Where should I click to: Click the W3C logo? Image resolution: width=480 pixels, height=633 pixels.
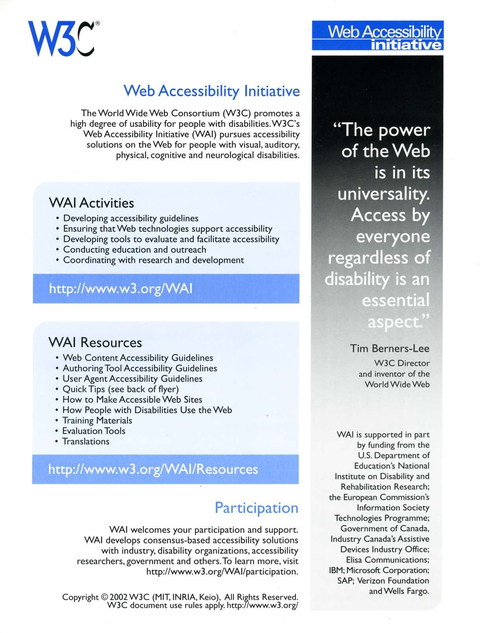(x=61, y=38)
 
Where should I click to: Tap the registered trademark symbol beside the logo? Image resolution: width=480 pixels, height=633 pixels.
(x=98, y=23)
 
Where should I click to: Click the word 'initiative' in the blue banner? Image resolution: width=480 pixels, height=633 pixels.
(x=406, y=45)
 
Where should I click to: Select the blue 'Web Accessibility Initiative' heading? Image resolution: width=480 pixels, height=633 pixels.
(x=212, y=91)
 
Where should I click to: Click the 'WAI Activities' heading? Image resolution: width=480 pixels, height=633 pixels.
(x=91, y=203)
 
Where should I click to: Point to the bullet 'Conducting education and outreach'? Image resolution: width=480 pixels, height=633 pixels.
(x=135, y=250)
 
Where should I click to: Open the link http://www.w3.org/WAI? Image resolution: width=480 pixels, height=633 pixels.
(x=121, y=289)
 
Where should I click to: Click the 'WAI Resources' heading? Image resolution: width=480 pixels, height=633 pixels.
(x=95, y=342)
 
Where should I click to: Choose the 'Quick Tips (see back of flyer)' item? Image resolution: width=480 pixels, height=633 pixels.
(x=120, y=389)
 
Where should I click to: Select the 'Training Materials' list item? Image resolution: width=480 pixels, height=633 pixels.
(x=97, y=420)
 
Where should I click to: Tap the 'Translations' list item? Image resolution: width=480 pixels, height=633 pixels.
(x=86, y=441)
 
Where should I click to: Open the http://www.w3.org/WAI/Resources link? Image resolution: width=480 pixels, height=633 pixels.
(x=153, y=469)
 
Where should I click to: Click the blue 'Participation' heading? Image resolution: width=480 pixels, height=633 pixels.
(x=257, y=508)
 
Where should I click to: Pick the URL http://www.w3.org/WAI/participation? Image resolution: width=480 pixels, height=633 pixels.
(x=222, y=571)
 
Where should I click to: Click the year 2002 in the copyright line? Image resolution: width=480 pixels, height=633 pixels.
(x=118, y=597)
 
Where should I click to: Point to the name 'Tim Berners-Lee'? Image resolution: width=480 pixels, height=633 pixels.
(x=390, y=348)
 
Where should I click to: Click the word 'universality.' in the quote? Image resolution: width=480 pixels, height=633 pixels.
(x=384, y=194)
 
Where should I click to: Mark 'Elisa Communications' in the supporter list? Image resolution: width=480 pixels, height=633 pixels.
(x=387, y=560)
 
